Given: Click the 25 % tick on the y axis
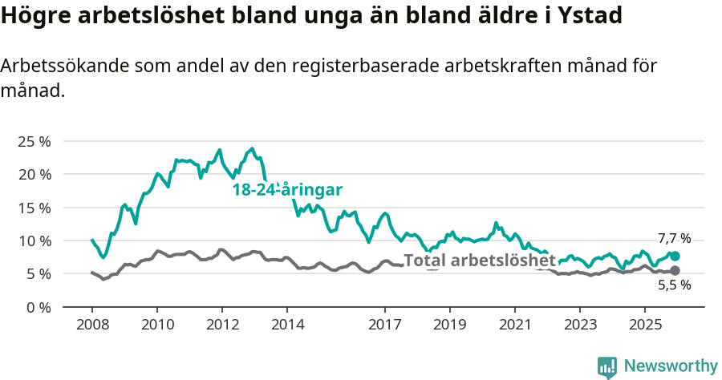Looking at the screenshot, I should point(34,141).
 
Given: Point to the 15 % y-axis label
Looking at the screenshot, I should point(34,208).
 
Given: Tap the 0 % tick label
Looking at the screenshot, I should point(37,307).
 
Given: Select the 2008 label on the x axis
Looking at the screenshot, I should point(91,325).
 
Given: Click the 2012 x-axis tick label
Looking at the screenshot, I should point(222,325).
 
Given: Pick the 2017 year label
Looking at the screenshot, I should point(384,325).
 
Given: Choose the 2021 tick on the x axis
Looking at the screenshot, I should point(514,325).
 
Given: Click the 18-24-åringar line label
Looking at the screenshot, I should point(287,190).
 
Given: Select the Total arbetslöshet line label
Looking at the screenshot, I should point(479,261).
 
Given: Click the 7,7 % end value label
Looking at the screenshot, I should point(674,238).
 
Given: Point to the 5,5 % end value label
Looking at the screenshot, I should point(674,285).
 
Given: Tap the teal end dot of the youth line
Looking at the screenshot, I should point(675,256).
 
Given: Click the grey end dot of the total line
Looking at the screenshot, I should point(675,271).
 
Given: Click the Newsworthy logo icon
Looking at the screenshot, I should point(607,366).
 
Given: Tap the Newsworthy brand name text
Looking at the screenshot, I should point(671,366).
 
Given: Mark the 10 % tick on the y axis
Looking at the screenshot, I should point(34,241).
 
